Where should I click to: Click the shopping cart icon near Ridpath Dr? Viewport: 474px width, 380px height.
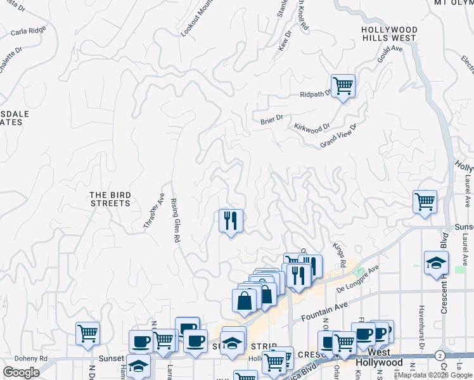pos(343,85)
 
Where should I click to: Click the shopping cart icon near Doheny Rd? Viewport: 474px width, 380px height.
pos(87,334)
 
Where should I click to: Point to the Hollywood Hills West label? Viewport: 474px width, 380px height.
pos(390,34)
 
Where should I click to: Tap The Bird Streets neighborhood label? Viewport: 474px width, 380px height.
pos(110,199)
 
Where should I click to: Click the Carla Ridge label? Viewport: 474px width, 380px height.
pos(28,30)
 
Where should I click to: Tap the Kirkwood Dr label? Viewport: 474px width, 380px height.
pos(312,127)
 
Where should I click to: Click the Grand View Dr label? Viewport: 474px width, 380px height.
pos(339,136)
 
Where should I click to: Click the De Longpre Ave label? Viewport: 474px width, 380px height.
pos(357,278)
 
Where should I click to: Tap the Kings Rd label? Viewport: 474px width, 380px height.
pos(338,253)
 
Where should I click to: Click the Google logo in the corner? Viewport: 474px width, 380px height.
pos(21,372)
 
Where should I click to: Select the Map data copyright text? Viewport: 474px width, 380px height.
pos(434,375)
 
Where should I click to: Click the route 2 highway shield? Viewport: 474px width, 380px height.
pos(440,357)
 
